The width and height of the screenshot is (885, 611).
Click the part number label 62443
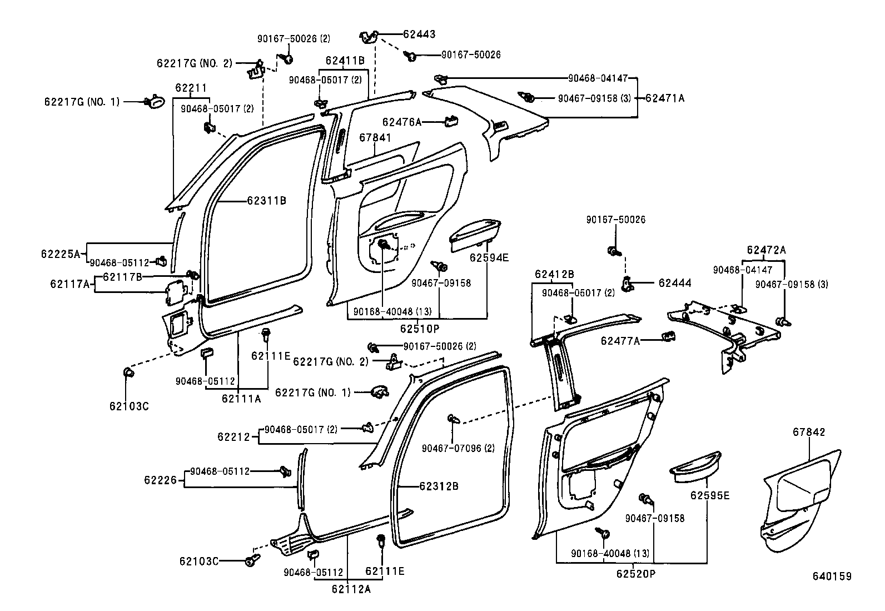point(419,34)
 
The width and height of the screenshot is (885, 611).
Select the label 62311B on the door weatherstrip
point(266,200)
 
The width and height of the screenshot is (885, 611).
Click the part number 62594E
point(489,257)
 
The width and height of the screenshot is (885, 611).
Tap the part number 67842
point(809,432)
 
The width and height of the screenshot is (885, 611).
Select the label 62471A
point(665,98)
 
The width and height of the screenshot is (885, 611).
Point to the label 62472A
point(766,250)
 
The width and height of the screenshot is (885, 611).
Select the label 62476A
point(401,122)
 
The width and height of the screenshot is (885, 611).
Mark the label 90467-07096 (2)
point(458,448)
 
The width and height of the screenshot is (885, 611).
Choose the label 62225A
point(60,254)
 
